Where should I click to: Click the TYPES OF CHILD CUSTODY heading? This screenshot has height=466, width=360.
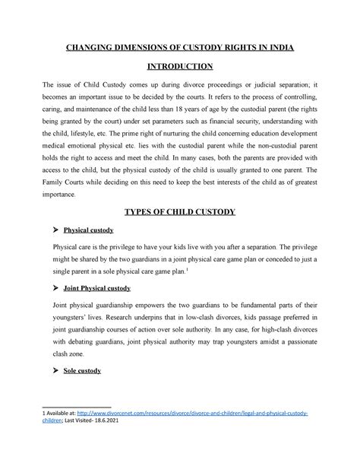tap(180, 210)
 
